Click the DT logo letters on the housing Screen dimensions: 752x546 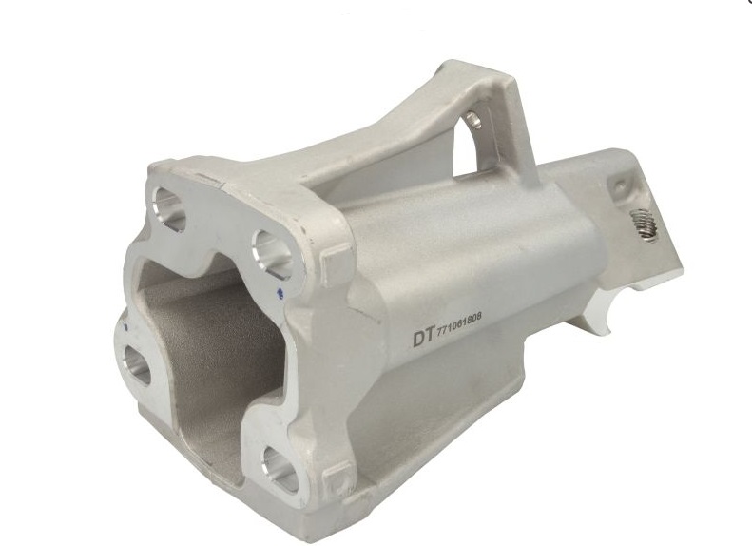423,337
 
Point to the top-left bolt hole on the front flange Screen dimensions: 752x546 168,205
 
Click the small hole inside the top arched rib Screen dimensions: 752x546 473,119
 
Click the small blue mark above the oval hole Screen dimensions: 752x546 125,326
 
